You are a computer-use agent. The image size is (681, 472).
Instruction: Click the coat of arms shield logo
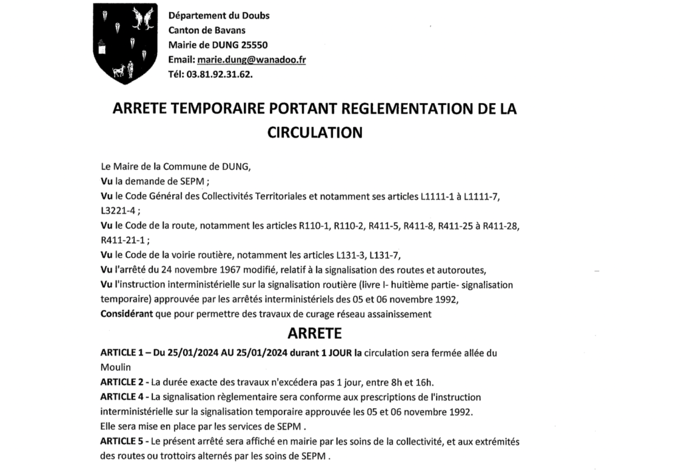[124, 43]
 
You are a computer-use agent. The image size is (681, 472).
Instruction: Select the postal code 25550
[255, 45]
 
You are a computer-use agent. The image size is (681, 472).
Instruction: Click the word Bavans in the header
[230, 30]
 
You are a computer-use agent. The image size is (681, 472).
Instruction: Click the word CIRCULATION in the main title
[315, 132]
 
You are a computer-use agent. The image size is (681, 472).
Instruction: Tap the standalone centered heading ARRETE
[314, 332]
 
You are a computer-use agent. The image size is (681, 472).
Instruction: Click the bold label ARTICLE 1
[123, 353]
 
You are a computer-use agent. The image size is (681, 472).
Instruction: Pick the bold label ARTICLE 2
[123, 382]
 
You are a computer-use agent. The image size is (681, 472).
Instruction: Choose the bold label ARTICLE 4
[123, 397]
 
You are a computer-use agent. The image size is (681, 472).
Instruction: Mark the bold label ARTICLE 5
[123, 441]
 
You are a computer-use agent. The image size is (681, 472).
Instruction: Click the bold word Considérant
[126, 314]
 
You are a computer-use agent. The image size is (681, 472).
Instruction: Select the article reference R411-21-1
[123, 240]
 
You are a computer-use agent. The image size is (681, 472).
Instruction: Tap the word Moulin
[115, 367]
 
